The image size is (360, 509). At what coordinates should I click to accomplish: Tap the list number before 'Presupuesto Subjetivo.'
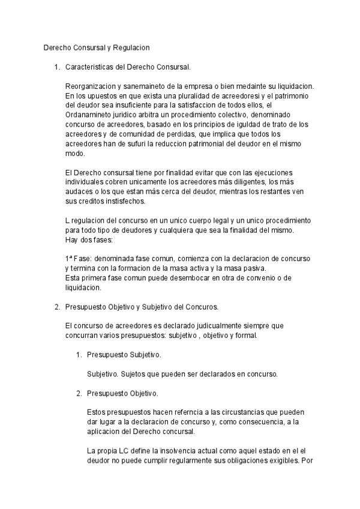point(79,355)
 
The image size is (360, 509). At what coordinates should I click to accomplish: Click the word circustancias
point(233,413)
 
